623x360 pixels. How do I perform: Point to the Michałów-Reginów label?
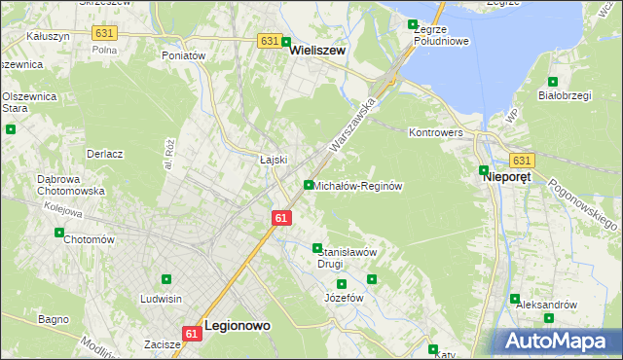pos(358,185)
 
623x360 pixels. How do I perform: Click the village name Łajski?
pos(274,160)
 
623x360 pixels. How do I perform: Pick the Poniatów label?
pos(184,56)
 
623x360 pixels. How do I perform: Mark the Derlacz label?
pos(104,154)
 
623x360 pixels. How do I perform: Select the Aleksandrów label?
pos(546,305)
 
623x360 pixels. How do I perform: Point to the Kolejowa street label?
pos(61,207)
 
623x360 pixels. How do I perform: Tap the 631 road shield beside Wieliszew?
pos(270,41)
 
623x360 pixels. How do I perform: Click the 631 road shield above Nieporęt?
pos(521,161)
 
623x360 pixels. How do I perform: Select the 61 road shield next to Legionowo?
pos(192,333)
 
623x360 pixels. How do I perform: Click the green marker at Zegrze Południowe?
pos(413,24)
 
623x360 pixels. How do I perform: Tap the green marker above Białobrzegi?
pos(553,82)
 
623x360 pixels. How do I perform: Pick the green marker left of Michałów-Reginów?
pos(309,185)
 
